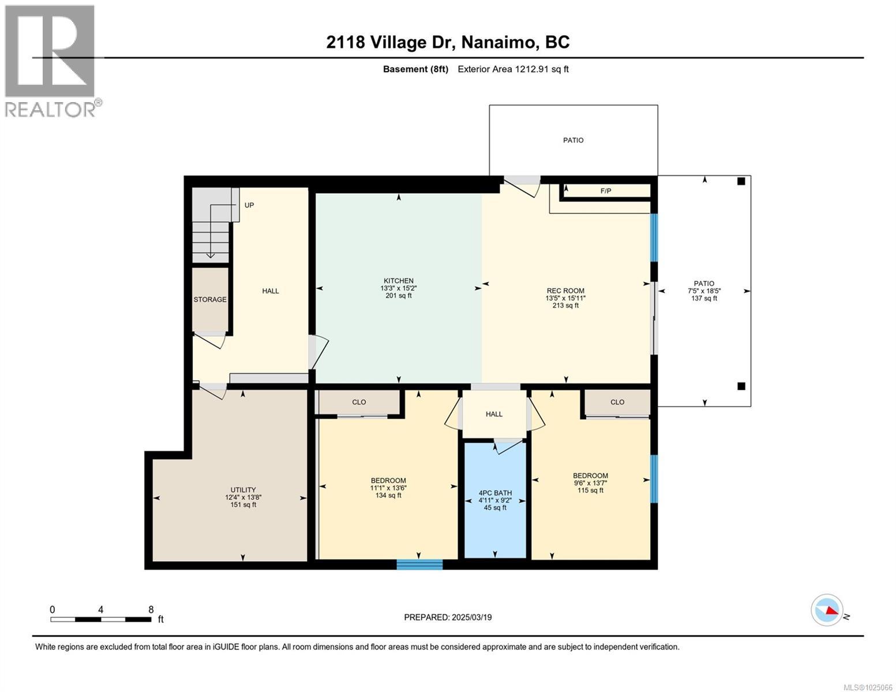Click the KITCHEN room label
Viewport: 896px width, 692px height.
[399, 281]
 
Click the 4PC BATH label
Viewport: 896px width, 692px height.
[495, 493]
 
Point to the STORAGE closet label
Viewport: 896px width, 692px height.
[210, 300]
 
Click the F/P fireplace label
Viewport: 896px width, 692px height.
[606, 191]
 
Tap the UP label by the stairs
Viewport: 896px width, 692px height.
[249, 205]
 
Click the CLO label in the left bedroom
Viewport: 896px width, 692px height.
[359, 403]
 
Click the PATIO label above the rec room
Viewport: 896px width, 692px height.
[573, 141]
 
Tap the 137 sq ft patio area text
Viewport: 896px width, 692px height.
[704, 298]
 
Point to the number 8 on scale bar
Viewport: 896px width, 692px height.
[151, 610]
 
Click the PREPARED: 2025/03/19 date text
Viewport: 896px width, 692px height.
[448, 618]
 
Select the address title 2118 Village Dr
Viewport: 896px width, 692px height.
[448, 42]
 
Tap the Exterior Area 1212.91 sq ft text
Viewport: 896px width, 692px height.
[513, 69]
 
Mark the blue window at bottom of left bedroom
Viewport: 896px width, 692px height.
[419, 565]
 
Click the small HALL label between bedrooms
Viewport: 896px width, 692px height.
[494, 414]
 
